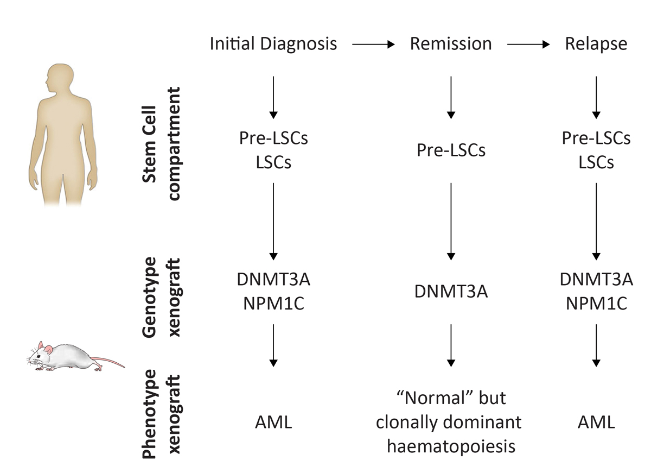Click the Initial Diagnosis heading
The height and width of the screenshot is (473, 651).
(273, 44)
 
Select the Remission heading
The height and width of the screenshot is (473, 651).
(451, 44)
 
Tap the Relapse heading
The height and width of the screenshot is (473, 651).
(596, 44)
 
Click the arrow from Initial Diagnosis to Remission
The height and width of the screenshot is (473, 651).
(373, 45)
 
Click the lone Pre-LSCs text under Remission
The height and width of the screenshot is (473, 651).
(451, 150)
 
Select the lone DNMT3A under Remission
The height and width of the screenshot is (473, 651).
(451, 292)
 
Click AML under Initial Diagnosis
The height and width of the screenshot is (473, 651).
(273, 422)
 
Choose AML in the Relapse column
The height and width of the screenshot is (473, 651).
(596, 422)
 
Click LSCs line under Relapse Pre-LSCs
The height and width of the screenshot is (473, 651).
(596, 162)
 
